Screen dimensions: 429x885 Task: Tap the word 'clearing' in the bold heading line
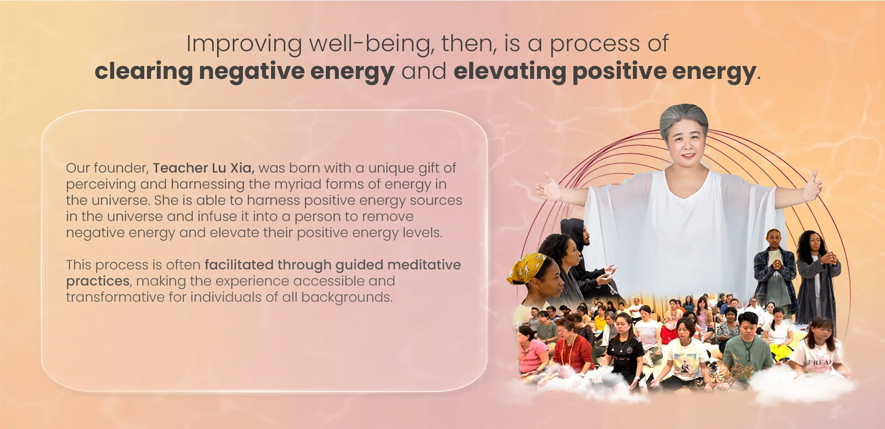(143, 72)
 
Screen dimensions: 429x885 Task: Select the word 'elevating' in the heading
(509, 72)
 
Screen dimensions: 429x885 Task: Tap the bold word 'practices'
(98, 281)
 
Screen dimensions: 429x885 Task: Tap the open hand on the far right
(812, 187)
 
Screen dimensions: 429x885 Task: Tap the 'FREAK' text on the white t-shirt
(820, 363)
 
